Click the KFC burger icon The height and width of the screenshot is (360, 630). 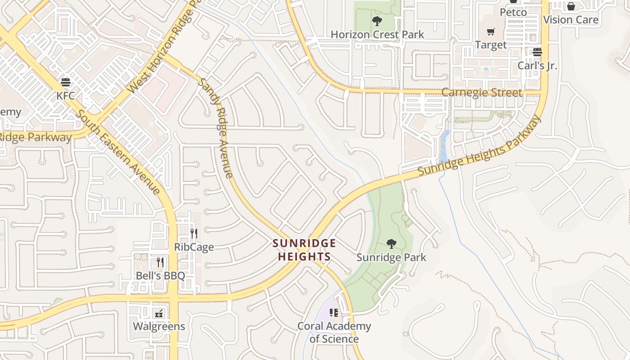(66, 82)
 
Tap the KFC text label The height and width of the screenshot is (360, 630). (66, 96)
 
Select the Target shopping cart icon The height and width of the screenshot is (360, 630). (490, 31)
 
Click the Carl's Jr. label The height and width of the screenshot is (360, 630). (537, 65)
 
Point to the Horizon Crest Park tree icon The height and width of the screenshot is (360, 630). (377, 21)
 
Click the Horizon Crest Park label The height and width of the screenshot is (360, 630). (377, 34)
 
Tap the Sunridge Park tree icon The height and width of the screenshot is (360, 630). (391, 244)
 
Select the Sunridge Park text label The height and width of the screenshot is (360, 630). (391, 257)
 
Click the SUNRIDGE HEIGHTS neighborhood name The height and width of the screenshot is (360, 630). (305, 250)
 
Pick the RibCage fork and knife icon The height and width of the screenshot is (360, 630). (194, 233)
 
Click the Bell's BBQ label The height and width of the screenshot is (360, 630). (160, 275)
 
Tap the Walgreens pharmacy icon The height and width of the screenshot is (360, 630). (159, 313)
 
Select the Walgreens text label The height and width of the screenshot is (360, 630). (159, 326)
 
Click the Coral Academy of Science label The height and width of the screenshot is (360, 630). (334, 332)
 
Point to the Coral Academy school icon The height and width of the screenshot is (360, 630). (333, 312)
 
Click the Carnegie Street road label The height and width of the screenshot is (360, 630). (481, 93)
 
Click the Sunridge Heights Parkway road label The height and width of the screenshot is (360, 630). (479, 145)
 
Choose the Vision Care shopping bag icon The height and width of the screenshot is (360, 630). (571, 6)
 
